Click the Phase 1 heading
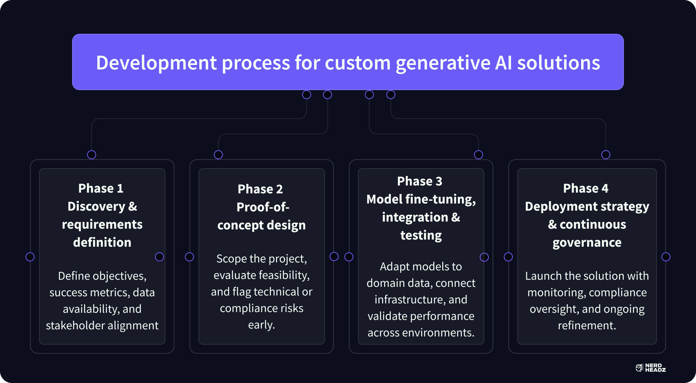pyautogui.click(x=101, y=188)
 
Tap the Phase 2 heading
pyautogui.click(x=260, y=189)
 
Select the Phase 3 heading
pyautogui.click(x=420, y=181)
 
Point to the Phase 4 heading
pyautogui.click(x=586, y=188)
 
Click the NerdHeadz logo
pyautogui.click(x=651, y=368)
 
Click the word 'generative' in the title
pyautogui.click(x=443, y=63)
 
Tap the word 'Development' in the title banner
pyautogui.click(x=156, y=63)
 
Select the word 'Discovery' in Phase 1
pyautogui.click(x=96, y=206)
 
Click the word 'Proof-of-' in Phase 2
pyautogui.click(x=263, y=207)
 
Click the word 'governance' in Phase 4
pyautogui.click(x=587, y=242)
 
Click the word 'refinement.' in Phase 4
pyautogui.click(x=587, y=325)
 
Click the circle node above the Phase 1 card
pyautogui.click(x=92, y=155)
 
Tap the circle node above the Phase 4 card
pyautogui.click(x=606, y=155)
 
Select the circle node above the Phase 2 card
pyautogui.click(x=218, y=155)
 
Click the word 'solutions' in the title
pyautogui.click(x=559, y=63)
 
